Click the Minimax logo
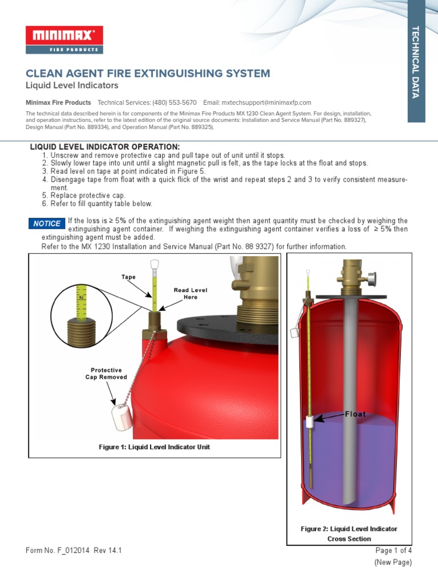pyautogui.click(x=64, y=39)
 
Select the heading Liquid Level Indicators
pyautogui.click(x=72, y=85)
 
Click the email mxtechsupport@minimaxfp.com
pyautogui.click(x=266, y=102)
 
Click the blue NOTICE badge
pyautogui.click(x=46, y=224)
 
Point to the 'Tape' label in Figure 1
pyautogui.click(x=128, y=277)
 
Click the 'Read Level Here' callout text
pyautogui.click(x=190, y=294)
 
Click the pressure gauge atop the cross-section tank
pyautogui.click(x=372, y=280)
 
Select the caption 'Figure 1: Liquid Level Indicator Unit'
pyautogui.click(x=154, y=447)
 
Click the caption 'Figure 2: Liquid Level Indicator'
pyautogui.click(x=349, y=529)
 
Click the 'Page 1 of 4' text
pyautogui.click(x=393, y=551)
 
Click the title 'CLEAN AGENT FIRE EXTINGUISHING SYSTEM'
pyautogui.click(x=148, y=73)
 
